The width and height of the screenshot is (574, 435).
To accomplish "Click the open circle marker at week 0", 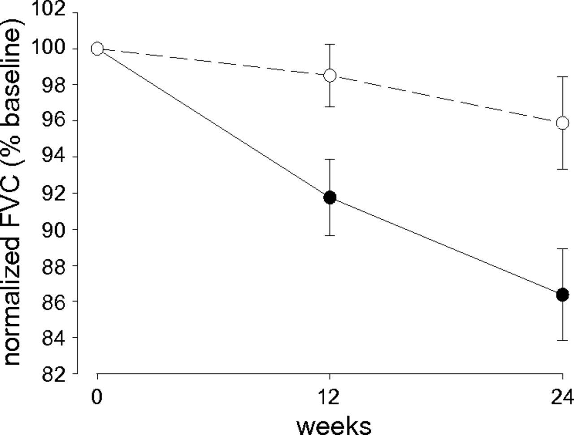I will [97, 48].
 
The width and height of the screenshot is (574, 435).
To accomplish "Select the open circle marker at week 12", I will [330, 75].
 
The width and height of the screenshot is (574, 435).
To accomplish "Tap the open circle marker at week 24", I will [562, 123].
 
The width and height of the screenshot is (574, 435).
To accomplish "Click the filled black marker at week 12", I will [330, 197].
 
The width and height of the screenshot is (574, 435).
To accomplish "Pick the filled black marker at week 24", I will [562, 295].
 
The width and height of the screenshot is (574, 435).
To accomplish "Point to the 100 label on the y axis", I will [50, 48].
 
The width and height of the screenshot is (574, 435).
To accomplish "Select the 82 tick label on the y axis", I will [54, 374].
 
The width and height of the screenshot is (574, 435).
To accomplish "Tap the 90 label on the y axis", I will [54, 229].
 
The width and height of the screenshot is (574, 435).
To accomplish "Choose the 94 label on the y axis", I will [54, 157].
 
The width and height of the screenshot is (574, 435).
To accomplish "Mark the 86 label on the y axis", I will [54, 301].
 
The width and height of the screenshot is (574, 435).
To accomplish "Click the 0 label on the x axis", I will [96, 397].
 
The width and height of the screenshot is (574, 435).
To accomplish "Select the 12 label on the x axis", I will [330, 397].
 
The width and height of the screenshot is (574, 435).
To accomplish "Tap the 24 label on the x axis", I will [562, 397].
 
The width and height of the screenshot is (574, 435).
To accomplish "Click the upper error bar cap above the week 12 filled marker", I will [330, 159].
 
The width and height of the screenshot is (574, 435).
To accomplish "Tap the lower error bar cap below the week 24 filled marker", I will [562, 340].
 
